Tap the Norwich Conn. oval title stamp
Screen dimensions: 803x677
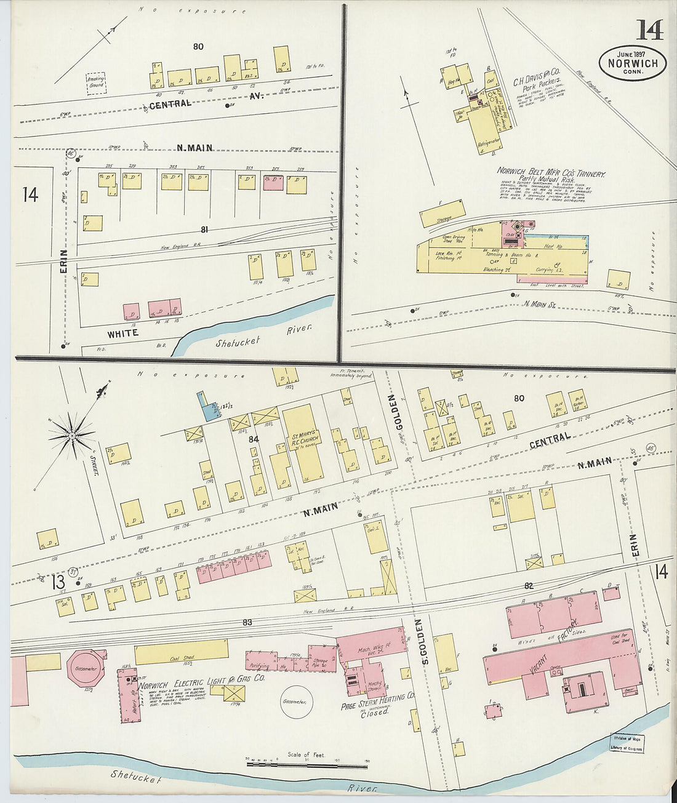(632, 63)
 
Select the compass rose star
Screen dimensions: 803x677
(72, 436)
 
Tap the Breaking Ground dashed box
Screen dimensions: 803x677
(96, 82)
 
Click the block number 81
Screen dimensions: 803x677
(204, 230)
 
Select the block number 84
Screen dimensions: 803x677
(253, 439)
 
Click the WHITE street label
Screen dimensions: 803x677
(122, 334)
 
